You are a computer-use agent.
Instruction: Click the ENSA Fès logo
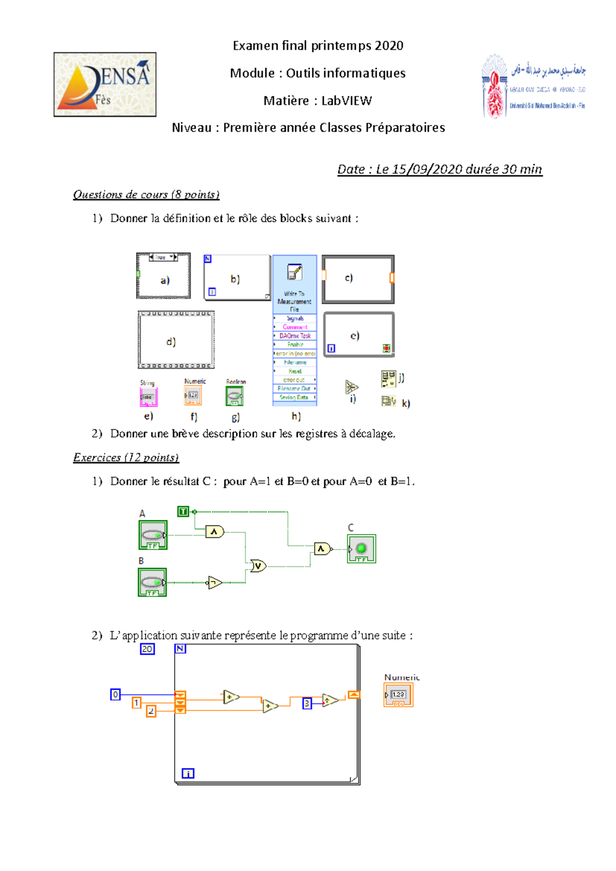click(x=105, y=84)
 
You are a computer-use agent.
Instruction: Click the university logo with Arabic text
click(x=534, y=86)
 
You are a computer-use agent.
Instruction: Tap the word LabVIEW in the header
click(x=346, y=101)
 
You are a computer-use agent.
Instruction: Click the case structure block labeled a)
click(x=163, y=276)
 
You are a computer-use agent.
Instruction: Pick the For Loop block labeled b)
click(x=237, y=278)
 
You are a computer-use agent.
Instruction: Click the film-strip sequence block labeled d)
click(x=176, y=340)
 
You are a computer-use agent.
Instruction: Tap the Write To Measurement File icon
click(x=295, y=272)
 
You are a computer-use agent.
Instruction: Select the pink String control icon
click(x=148, y=396)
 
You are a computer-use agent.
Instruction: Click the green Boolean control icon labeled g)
click(x=235, y=396)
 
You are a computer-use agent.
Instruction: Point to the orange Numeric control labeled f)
click(x=193, y=395)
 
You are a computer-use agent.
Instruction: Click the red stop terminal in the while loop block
click(x=386, y=348)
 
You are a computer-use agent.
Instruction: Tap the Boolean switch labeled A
click(x=153, y=535)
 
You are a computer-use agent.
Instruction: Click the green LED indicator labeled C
click(x=361, y=548)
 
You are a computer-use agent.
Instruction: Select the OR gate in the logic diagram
click(x=258, y=566)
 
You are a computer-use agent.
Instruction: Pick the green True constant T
click(x=183, y=512)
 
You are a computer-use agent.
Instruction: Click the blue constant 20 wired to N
click(x=147, y=649)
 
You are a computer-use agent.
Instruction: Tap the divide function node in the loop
click(x=330, y=700)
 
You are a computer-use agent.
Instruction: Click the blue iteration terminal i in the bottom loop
click(x=188, y=773)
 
